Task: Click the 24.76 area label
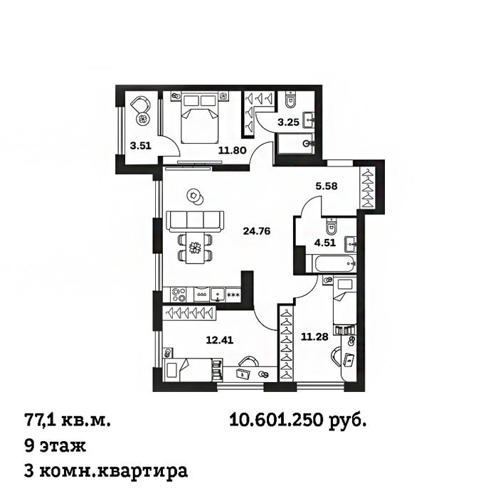tap(257, 231)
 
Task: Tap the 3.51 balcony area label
tap(140, 146)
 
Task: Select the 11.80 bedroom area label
tap(232, 150)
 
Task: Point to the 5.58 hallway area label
tap(327, 186)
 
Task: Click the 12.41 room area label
tap(220, 340)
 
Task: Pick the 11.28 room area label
tap(314, 337)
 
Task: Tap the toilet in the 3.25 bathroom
tap(291, 100)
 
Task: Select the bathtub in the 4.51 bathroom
tap(330, 264)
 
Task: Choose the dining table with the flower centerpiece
tap(195, 248)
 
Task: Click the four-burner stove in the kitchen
tap(179, 295)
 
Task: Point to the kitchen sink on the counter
tap(218, 295)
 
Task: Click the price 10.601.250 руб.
tap(297, 420)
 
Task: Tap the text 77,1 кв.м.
tap(67, 420)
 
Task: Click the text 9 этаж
tap(55, 445)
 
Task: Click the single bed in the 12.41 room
tap(188, 370)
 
